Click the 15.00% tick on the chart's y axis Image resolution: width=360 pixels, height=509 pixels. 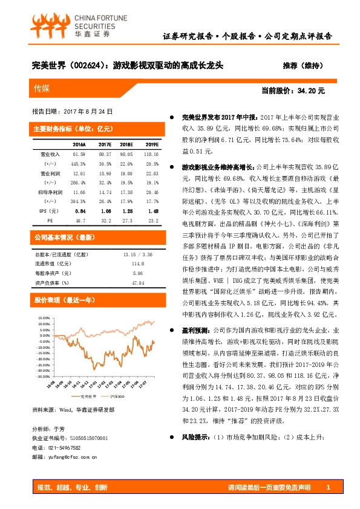tap(43, 317)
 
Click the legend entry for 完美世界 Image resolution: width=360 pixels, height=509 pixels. tap(88, 397)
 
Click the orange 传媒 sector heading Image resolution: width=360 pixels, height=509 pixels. tap(42, 89)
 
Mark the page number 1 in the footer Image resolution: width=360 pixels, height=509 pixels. tap(327, 487)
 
